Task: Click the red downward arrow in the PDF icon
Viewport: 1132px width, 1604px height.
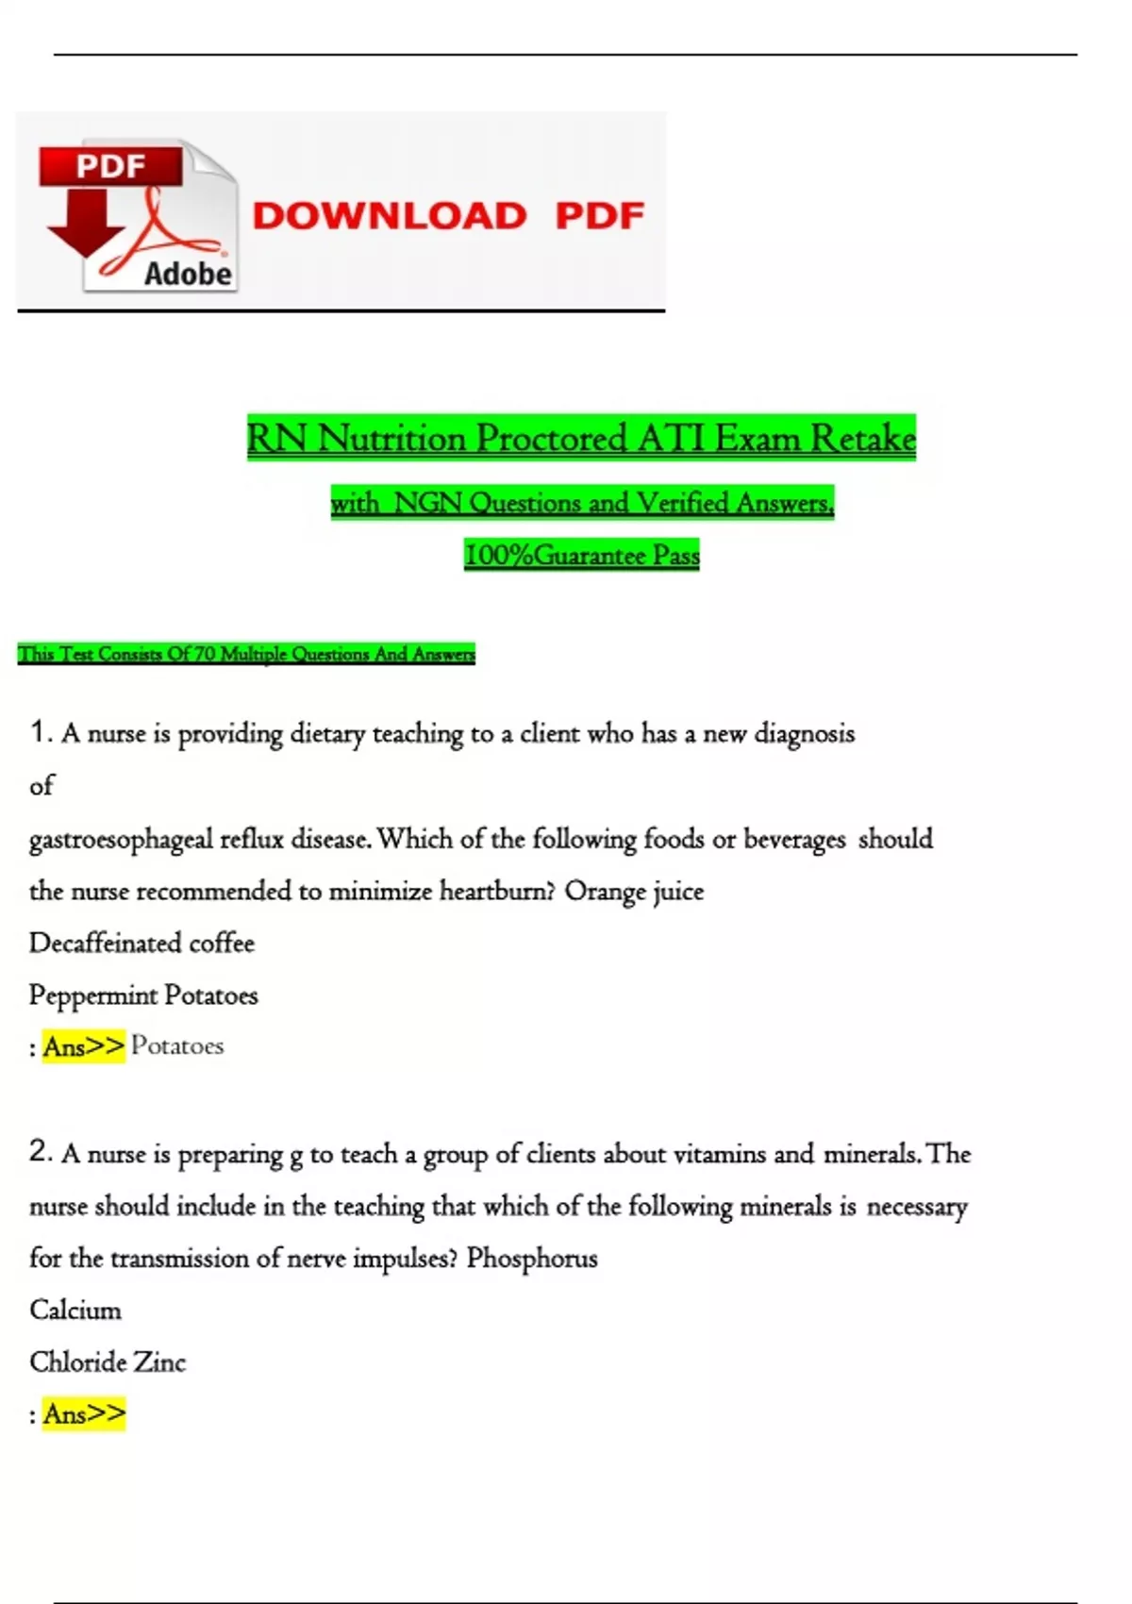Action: [x=86, y=226]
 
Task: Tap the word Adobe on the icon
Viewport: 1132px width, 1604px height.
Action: [x=187, y=274]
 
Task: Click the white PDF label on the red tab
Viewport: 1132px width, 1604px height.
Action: [x=110, y=167]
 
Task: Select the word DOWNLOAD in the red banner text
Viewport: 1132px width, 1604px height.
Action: [x=389, y=216]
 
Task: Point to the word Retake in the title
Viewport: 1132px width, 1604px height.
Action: [x=863, y=439]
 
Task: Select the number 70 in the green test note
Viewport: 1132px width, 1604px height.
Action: [x=205, y=654]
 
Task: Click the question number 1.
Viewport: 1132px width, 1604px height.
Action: [x=40, y=731]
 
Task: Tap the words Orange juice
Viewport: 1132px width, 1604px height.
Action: [x=634, y=891]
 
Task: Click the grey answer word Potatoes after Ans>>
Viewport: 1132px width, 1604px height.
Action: [x=177, y=1045]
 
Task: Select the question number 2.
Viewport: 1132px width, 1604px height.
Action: [x=40, y=1151]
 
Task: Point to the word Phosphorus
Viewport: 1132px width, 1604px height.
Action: [x=532, y=1258]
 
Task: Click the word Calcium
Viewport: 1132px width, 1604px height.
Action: [x=75, y=1310]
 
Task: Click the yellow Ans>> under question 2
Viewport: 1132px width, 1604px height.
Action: [x=84, y=1413]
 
